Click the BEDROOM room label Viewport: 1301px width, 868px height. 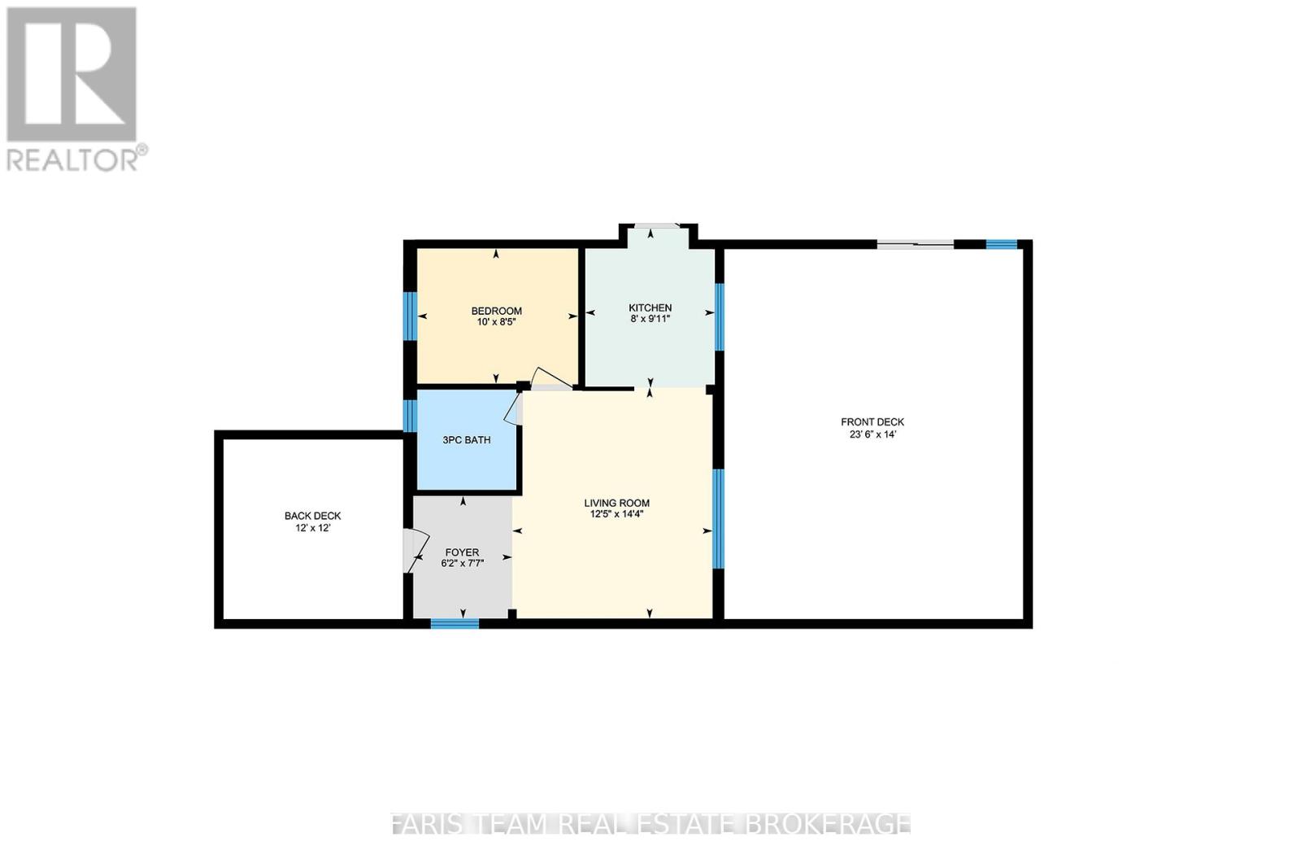[x=496, y=311]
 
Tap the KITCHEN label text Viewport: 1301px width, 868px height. [x=650, y=308]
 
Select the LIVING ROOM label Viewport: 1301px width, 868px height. [x=616, y=503]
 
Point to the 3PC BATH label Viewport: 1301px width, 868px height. [x=466, y=440]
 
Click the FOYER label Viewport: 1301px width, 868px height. [x=462, y=552]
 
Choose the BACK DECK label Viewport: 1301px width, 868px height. [x=312, y=516]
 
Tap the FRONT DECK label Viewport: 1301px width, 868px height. [x=872, y=422]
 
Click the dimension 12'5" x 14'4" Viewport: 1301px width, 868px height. [x=616, y=514]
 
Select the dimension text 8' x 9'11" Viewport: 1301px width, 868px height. [x=650, y=319]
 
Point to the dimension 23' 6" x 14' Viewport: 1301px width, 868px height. [x=872, y=434]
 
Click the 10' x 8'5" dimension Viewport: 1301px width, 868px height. [x=496, y=322]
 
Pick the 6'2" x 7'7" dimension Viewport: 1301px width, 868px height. [x=462, y=563]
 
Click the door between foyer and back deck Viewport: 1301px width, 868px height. [x=414, y=551]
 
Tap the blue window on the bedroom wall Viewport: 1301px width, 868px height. [x=411, y=316]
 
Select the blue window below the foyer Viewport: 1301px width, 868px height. [x=455, y=624]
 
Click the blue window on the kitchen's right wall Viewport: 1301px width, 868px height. [x=719, y=316]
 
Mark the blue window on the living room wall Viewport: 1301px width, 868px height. [x=717, y=518]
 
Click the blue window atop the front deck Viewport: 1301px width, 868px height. [x=1001, y=243]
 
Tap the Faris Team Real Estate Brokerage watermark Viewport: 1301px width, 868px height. [x=650, y=824]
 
